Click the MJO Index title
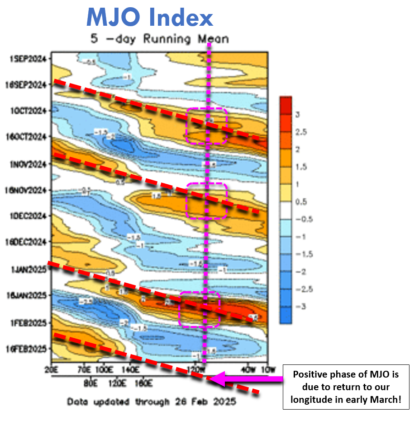[x=149, y=18]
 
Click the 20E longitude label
[x=52, y=370]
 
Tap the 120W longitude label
[x=198, y=370]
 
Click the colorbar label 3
[x=298, y=115]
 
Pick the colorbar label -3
[x=299, y=306]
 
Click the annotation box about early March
[x=346, y=387]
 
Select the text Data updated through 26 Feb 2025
[x=151, y=401]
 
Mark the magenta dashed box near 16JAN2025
[x=200, y=309]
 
